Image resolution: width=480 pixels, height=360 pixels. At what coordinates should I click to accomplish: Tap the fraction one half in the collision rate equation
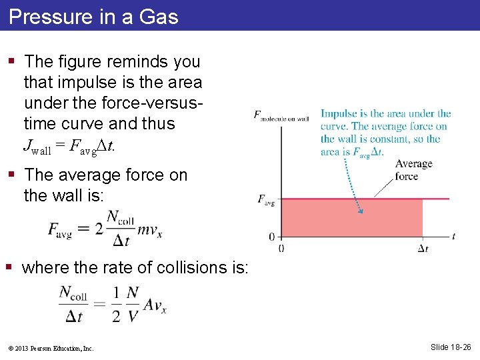coord(116,303)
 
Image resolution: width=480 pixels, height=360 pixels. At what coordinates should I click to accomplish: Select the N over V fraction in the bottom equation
coord(133,303)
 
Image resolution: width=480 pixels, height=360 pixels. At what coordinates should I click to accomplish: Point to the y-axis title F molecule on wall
coord(281,116)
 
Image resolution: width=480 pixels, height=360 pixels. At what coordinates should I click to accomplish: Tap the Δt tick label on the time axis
coord(423,249)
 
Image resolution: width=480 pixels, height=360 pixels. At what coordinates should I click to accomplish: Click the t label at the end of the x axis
coord(453,236)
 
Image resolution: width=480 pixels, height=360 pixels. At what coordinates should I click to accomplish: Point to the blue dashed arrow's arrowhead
coord(361,211)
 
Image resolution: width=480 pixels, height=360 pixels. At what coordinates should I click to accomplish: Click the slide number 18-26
coord(451,347)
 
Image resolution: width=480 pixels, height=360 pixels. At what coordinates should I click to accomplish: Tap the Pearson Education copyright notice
coord(51,348)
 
